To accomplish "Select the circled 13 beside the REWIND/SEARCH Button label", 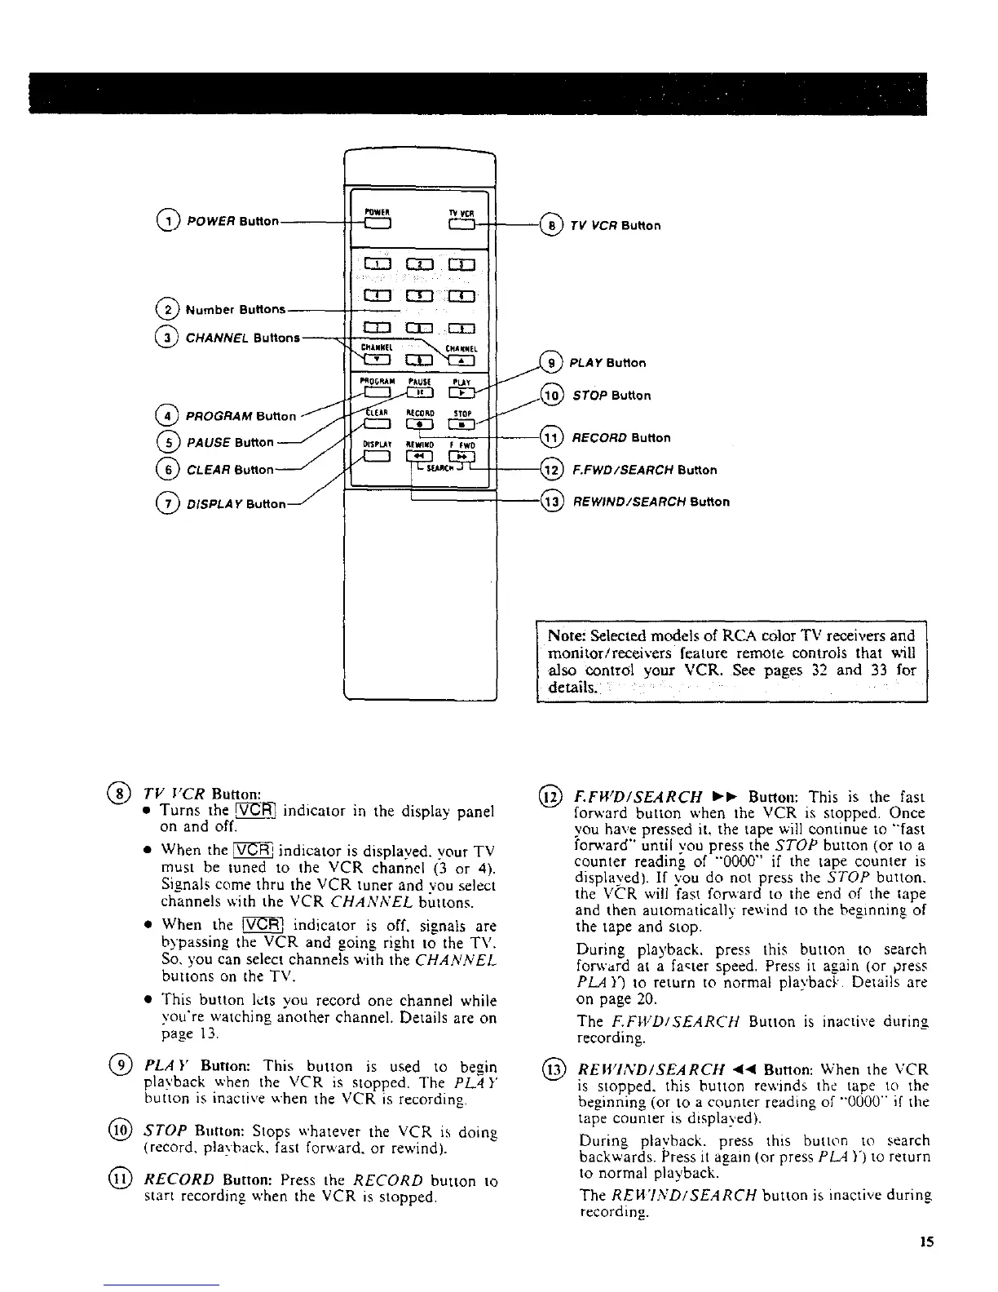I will (552, 501).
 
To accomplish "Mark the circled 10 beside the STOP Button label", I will (552, 395).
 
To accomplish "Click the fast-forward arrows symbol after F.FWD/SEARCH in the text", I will (725, 796).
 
